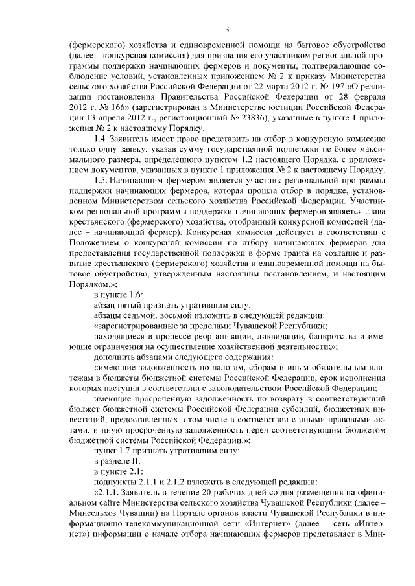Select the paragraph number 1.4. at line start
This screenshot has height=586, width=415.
click(103, 131)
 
